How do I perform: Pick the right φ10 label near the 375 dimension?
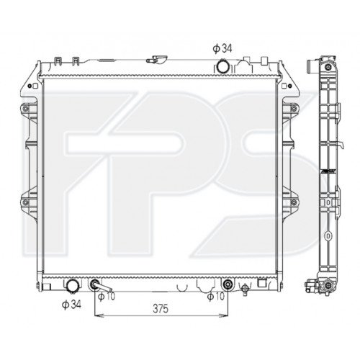click(x=215, y=296)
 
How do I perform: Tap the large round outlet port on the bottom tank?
click(x=72, y=284)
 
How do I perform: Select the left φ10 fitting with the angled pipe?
click(x=96, y=284)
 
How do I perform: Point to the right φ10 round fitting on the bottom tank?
click(x=228, y=283)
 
